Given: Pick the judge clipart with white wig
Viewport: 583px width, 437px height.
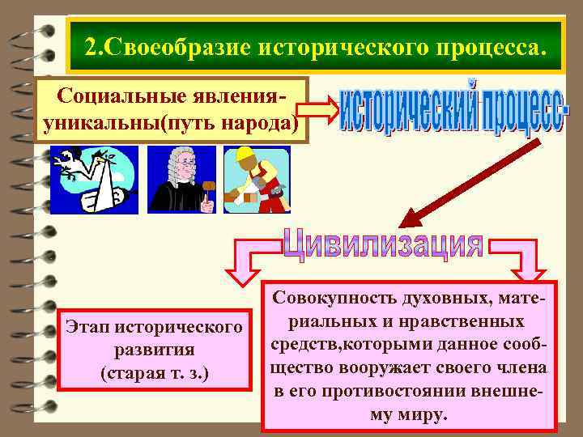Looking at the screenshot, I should coord(182,178).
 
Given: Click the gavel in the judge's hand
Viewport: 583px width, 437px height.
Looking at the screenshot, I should coord(208,193).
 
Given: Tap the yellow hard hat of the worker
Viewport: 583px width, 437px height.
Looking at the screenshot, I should coord(242,155).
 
